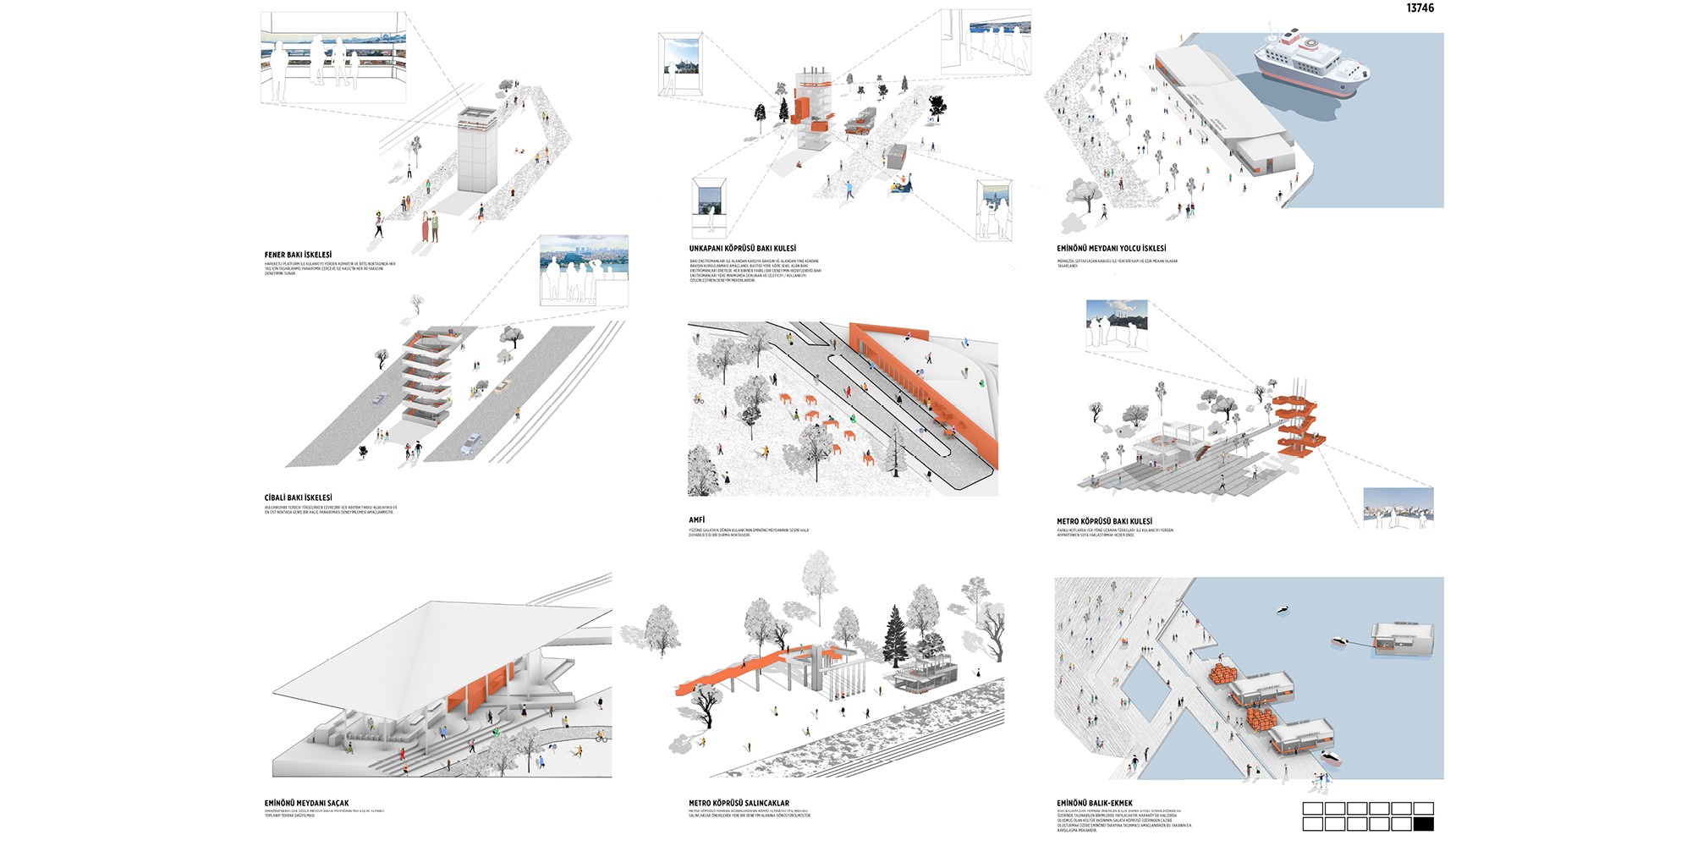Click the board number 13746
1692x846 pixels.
(x=1420, y=8)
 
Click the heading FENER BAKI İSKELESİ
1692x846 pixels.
(x=298, y=255)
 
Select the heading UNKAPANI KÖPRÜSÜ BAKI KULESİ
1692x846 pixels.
(x=742, y=249)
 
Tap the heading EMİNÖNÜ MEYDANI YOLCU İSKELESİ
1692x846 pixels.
(x=1111, y=249)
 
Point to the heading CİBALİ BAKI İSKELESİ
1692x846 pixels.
(x=298, y=498)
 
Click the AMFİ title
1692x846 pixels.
(x=696, y=520)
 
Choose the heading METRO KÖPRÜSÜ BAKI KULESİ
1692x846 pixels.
(x=1104, y=522)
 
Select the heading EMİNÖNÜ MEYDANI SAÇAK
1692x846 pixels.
(x=306, y=804)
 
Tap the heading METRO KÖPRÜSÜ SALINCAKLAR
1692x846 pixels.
(x=739, y=804)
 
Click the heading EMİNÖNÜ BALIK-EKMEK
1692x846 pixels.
(x=1094, y=804)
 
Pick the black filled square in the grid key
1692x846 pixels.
(x=1423, y=824)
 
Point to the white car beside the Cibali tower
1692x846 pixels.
(x=471, y=443)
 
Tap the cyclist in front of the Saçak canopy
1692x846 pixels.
(x=602, y=737)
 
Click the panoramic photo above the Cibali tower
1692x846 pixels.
(x=584, y=271)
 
